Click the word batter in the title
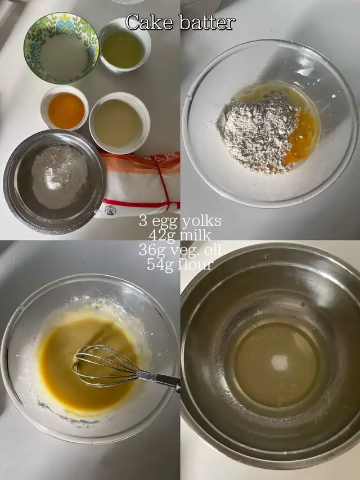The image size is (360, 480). (208, 23)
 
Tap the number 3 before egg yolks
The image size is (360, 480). (143, 221)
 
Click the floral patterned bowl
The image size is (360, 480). (61, 48)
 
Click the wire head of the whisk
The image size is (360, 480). (105, 366)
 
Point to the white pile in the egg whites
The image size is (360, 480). (280, 362)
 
